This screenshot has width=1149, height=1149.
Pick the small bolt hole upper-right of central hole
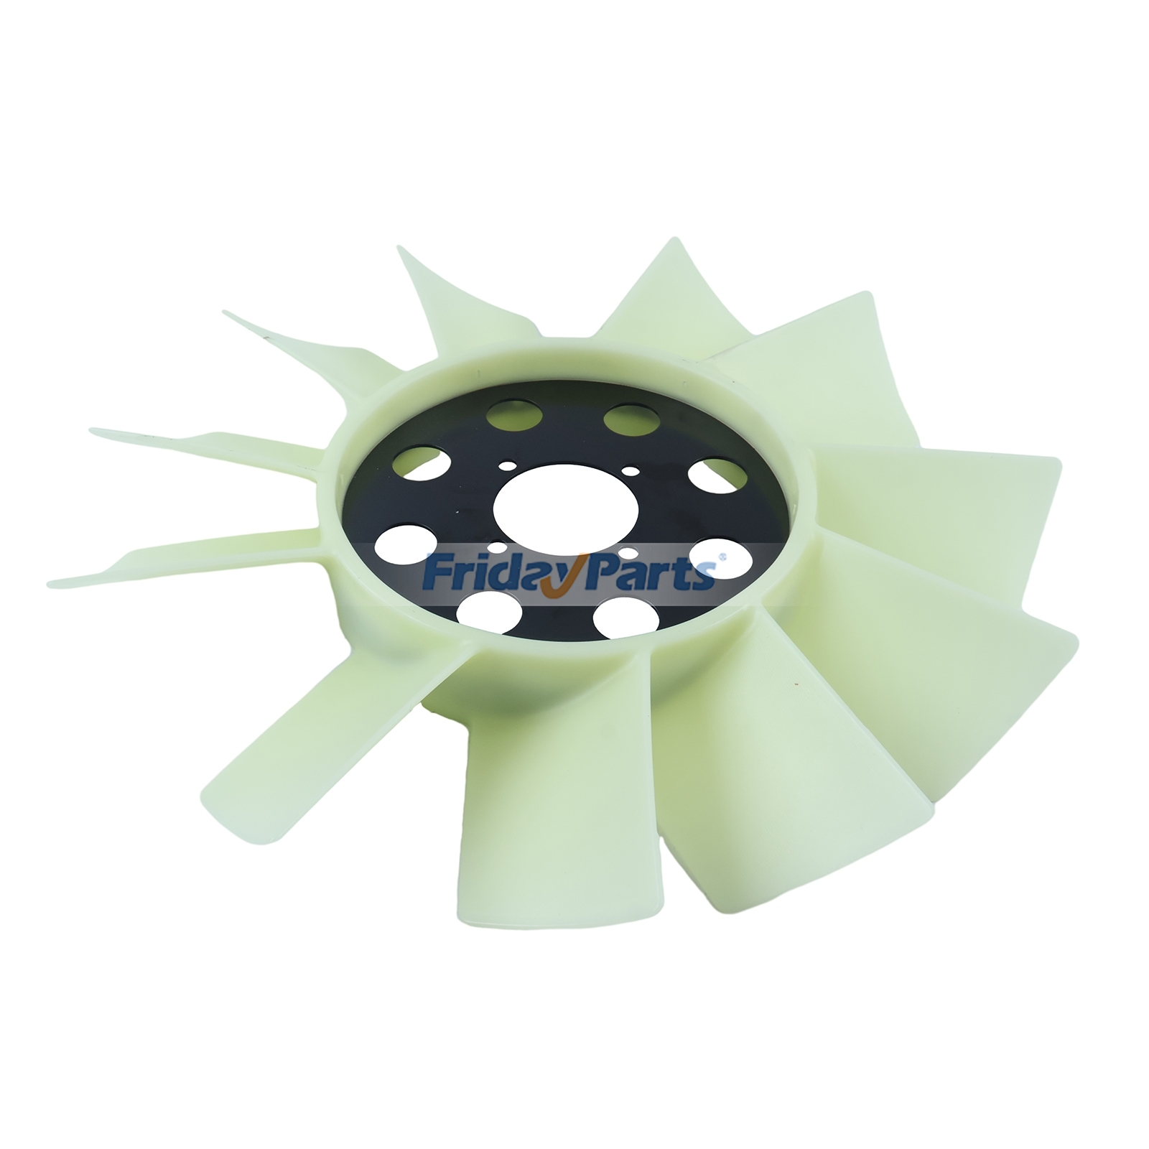(x=631, y=472)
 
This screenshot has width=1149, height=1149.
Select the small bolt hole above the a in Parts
(x=627, y=553)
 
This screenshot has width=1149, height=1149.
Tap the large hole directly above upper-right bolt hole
(x=626, y=419)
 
